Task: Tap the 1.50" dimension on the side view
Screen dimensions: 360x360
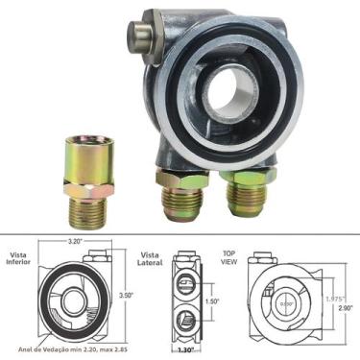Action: [x=211, y=301]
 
